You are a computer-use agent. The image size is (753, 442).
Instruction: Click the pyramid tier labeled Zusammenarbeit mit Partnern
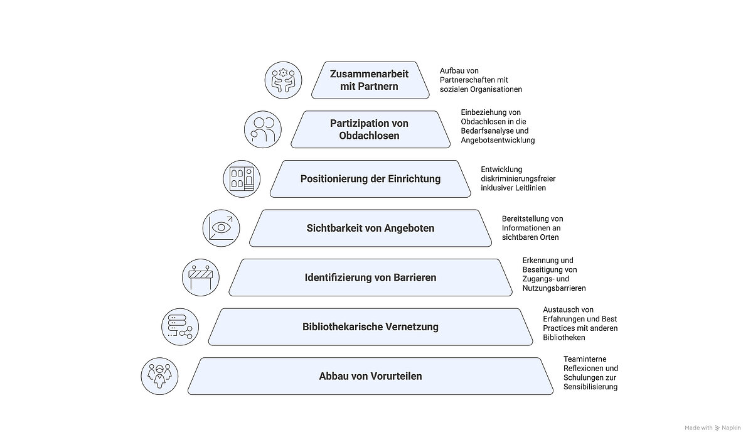point(369,80)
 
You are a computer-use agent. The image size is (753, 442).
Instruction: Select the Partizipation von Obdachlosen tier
point(370,129)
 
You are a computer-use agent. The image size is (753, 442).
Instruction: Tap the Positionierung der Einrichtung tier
point(370,178)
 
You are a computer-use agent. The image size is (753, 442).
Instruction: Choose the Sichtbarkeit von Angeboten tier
point(370,228)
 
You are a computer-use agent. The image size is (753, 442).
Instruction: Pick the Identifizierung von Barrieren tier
point(370,277)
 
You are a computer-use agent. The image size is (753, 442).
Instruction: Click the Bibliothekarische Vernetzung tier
point(370,326)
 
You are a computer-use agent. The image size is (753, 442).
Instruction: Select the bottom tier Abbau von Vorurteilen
point(370,376)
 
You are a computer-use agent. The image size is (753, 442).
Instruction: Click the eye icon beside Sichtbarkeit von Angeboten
point(222,227)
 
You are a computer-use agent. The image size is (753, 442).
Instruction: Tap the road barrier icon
point(201,277)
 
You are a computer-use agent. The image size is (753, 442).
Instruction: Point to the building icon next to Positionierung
point(242,178)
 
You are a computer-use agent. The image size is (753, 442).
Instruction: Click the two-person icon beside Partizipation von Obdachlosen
point(263,129)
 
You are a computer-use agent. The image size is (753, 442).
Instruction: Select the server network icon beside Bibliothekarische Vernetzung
point(180,326)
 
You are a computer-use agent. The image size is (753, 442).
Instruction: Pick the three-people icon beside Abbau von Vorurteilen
point(160,376)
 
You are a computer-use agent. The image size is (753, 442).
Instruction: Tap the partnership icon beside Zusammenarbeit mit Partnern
point(284,80)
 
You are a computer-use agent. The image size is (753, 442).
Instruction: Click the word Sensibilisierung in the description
point(590,387)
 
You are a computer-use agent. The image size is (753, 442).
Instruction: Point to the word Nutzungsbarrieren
point(554,288)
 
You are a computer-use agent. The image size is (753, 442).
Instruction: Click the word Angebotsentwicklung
point(498,140)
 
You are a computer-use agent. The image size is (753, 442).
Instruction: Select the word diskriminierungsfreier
point(518,178)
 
